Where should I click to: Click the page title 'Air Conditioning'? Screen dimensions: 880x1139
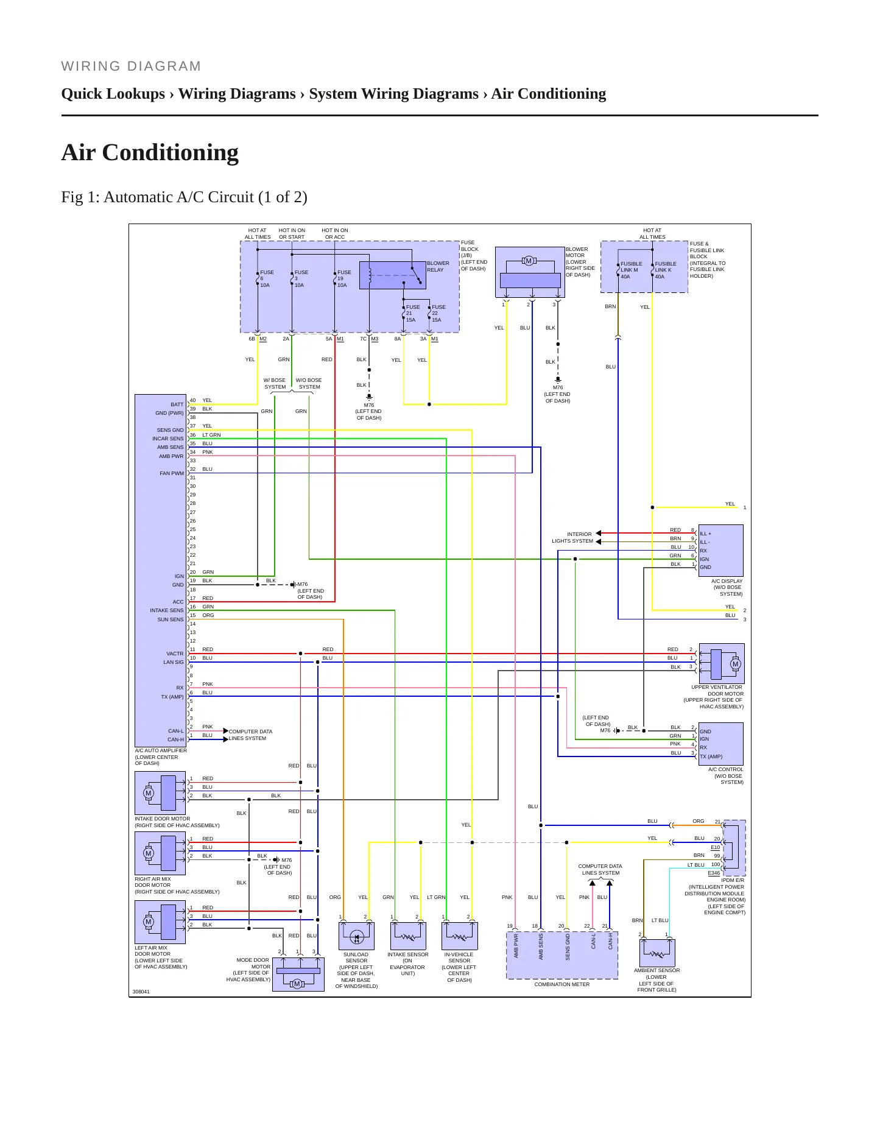point(150,152)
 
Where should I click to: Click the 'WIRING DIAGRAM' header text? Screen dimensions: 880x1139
point(131,66)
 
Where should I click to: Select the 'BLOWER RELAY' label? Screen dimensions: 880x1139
point(438,267)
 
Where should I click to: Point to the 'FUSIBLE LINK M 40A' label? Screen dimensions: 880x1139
point(631,270)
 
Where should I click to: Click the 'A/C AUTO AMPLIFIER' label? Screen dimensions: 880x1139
point(161,751)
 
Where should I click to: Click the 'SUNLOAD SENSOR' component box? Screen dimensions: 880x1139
point(356,936)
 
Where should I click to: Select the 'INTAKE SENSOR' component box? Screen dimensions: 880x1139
point(408,936)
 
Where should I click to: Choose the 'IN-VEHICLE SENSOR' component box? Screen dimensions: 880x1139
point(459,936)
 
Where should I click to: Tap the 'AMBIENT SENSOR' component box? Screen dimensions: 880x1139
point(657,953)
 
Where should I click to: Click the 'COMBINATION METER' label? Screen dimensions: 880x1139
point(562,984)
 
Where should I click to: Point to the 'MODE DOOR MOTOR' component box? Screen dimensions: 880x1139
point(298,974)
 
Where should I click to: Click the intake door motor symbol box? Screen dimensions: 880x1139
point(160,793)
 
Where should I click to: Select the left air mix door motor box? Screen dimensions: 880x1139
point(160,922)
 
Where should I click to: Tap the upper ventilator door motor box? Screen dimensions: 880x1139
point(722,663)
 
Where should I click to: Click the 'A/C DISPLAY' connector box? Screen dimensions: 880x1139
point(721,550)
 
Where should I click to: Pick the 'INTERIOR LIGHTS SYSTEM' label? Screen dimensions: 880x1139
point(572,538)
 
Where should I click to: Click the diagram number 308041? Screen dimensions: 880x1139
point(141,992)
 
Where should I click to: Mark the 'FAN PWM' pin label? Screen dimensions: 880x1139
point(172,473)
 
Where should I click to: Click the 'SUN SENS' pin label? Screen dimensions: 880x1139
point(171,619)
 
